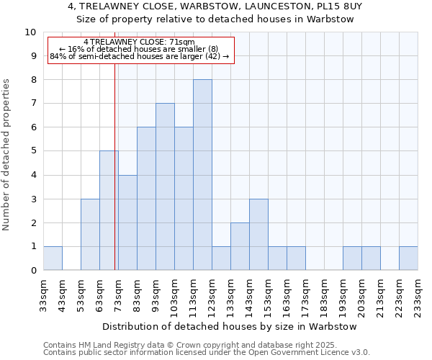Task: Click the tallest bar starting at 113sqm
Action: point(202,175)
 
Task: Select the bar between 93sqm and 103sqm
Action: point(165,186)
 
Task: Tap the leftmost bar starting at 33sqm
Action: point(53,258)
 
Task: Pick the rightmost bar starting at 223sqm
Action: point(408,258)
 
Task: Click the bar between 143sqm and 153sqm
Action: point(258,234)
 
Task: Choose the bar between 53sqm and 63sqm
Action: point(90,234)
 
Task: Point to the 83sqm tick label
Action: point(137,295)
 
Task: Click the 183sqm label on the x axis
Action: point(324,295)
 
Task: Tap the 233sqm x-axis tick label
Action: point(418,295)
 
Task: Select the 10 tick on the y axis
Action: point(30,32)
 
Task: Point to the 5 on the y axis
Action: point(33,151)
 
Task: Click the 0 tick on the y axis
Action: point(33,270)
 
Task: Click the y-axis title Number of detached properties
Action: point(7,155)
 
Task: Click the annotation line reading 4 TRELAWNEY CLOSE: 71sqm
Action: point(139,42)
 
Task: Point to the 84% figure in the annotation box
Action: point(58,56)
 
